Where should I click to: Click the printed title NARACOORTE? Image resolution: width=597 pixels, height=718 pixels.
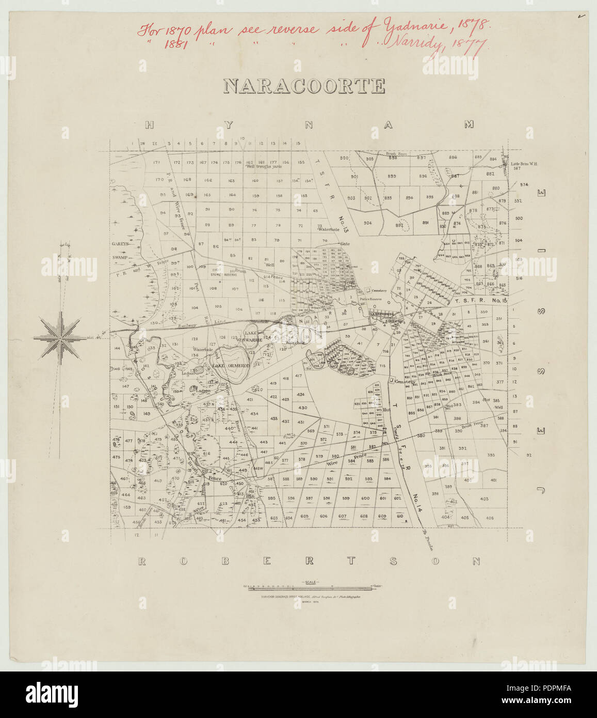[304, 86]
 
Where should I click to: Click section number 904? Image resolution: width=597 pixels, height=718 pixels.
[367, 223]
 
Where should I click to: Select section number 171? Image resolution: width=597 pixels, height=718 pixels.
[157, 163]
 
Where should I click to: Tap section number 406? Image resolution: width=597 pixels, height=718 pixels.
[489, 518]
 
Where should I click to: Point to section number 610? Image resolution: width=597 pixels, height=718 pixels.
[400, 517]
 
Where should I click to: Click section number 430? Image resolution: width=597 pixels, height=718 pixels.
[302, 408]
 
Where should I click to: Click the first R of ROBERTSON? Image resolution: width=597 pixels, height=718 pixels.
[142, 561]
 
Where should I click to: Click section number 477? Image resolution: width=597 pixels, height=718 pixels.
[128, 441]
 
